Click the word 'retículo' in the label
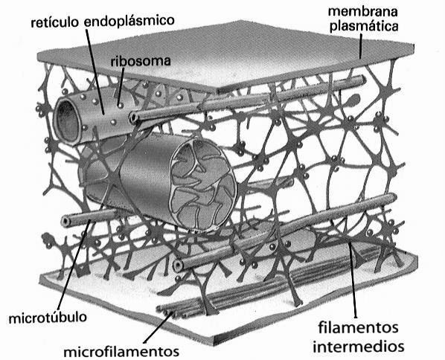click(54, 22)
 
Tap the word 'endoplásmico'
click(129, 22)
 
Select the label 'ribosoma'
click(141, 61)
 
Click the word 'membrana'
click(362, 12)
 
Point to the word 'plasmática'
click(365, 26)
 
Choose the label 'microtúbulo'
click(48, 318)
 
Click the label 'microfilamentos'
click(121, 352)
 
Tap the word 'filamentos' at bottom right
click(358, 328)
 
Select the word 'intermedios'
click(359, 347)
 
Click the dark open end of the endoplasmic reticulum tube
click(67, 120)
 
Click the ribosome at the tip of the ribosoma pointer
click(121, 106)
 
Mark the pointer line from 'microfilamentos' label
click(157, 327)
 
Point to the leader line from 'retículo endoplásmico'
click(95, 71)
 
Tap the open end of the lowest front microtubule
click(178, 266)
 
